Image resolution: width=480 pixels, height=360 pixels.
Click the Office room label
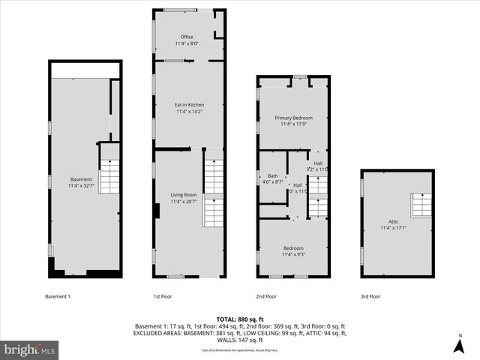(x=187, y=37)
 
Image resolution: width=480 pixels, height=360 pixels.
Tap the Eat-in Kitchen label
(x=190, y=104)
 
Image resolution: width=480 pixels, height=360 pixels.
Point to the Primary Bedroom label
(x=293, y=118)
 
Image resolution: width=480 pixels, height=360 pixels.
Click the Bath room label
(x=272, y=175)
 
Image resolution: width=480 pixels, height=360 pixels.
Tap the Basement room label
(x=81, y=179)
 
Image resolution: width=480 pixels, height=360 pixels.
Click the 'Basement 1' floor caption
(x=58, y=296)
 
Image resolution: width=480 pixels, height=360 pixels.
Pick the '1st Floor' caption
(x=163, y=296)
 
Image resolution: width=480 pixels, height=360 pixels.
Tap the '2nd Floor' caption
(x=266, y=296)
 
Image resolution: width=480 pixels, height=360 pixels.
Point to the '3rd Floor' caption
(x=370, y=296)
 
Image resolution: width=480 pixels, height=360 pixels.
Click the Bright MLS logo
(x=30, y=349)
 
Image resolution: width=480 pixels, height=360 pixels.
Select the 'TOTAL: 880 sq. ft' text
(x=240, y=319)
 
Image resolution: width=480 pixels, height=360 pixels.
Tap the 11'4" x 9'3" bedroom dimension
(x=293, y=254)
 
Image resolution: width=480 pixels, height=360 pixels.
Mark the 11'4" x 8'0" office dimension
(x=187, y=43)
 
